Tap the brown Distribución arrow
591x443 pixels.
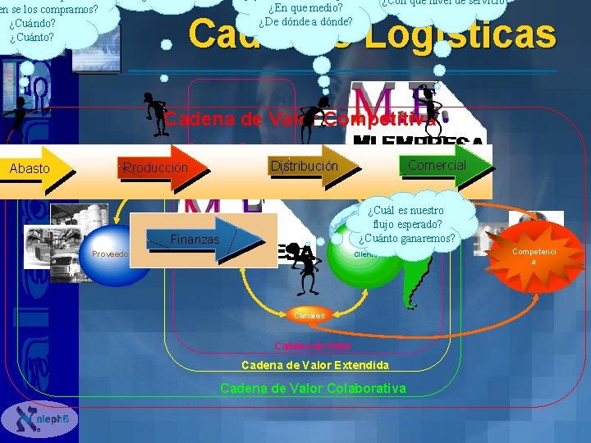click(305, 166)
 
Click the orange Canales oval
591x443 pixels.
click(309, 315)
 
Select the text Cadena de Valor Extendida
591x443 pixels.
click(315, 364)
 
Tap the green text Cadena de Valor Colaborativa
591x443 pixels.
click(313, 388)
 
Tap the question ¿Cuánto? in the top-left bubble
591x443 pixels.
click(32, 37)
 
